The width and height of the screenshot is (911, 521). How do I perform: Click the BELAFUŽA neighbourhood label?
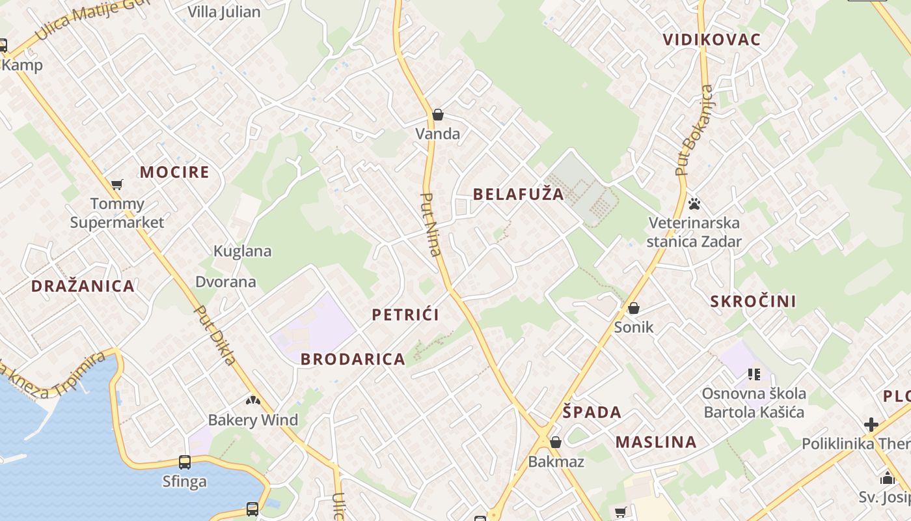pyautogui.click(x=518, y=194)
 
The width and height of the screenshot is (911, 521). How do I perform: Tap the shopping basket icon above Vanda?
pyautogui.click(x=438, y=115)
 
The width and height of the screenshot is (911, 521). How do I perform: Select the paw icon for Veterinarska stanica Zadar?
pyautogui.click(x=694, y=204)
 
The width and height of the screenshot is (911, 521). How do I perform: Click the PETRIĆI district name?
pyautogui.click(x=405, y=315)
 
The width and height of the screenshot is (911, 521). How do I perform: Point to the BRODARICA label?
pyautogui.click(x=353, y=359)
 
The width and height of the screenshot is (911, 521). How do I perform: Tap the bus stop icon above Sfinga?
pyautogui.click(x=185, y=462)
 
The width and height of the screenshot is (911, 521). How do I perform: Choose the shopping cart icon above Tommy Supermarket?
pyautogui.click(x=117, y=185)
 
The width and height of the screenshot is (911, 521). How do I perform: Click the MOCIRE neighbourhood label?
pyautogui.click(x=174, y=173)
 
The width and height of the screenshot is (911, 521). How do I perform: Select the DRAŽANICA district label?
pyautogui.click(x=83, y=286)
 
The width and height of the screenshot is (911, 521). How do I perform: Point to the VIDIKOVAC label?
pyautogui.click(x=711, y=40)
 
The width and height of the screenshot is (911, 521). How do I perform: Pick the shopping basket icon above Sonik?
pyautogui.click(x=633, y=308)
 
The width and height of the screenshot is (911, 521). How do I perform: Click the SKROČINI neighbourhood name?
pyautogui.click(x=753, y=302)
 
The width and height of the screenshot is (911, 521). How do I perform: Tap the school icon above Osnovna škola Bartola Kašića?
pyautogui.click(x=754, y=374)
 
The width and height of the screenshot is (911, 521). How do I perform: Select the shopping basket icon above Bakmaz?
pyautogui.click(x=556, y=443)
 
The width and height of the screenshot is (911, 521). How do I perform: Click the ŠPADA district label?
pyautogui.click(x=591, y=412)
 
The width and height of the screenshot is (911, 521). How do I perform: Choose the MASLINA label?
pyautogui.click(x=656, y=442)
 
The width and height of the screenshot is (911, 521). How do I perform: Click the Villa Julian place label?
pyautogui.click(x=224, y=12)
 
